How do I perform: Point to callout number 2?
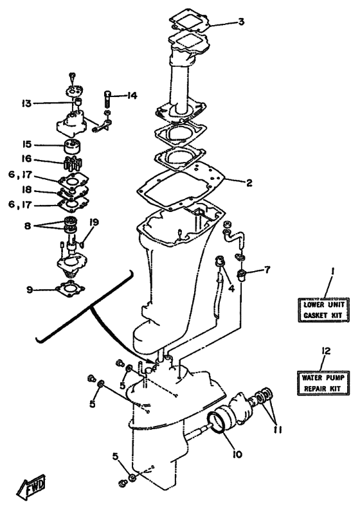pyautogui.click(x=249, y=182)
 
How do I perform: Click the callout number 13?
pyautogui.click(x=26, y=102)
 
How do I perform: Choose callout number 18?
pyautogui.click(x=26, y=191)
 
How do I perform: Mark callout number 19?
pyautogui.click(x=94, y=222)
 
